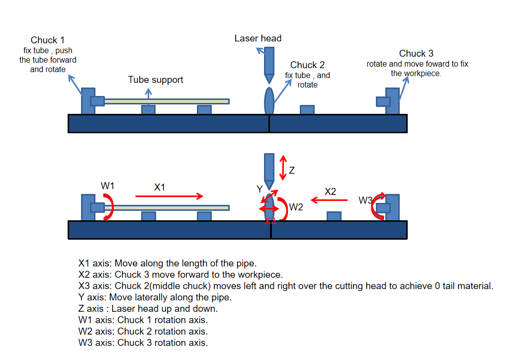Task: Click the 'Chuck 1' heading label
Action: coord(48,40)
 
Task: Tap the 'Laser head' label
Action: coord(258,38)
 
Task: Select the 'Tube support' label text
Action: coord(156,80)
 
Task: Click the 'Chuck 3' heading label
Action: coord(416,54)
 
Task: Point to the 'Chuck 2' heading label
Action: coord(307,65)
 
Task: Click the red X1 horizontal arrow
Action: coord(169,196)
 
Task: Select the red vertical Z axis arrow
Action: coord(283,168)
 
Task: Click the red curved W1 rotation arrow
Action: coord(109,206)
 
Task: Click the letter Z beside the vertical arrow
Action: coord(292,171)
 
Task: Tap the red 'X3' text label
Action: coord(270,221)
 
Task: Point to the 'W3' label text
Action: coord(366,200)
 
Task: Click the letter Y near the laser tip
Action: coord(259,189)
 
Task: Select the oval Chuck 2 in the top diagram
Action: coord(269,101)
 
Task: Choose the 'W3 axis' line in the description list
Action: coord(143,343)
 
